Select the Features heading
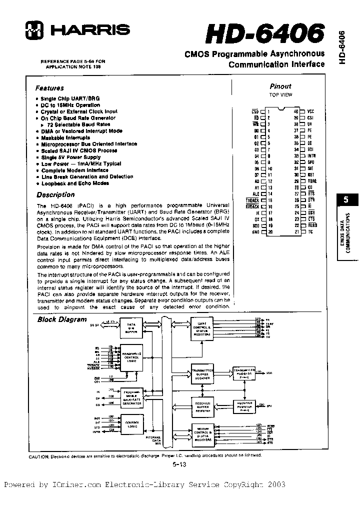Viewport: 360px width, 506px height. (x=49, y=87)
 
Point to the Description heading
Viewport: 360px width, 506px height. (x=55, y=194)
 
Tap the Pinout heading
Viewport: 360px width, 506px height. (x=280, y=86)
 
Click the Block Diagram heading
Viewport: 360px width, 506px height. (x=62, y=319)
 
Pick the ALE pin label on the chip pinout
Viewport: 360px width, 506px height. (x=256, y=193)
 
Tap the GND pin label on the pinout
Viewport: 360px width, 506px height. (x=255, y=232)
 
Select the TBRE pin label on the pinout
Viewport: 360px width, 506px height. (x=312, y=181)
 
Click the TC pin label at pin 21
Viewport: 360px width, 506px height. (x=310, y=232)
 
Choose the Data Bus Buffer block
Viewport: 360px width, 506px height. (x=131, y=328)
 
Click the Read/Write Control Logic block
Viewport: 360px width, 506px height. (x=131, y=357)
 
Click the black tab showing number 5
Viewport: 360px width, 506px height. (x=345, y=200)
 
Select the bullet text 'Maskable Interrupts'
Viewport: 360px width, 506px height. (x=65, y=137)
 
